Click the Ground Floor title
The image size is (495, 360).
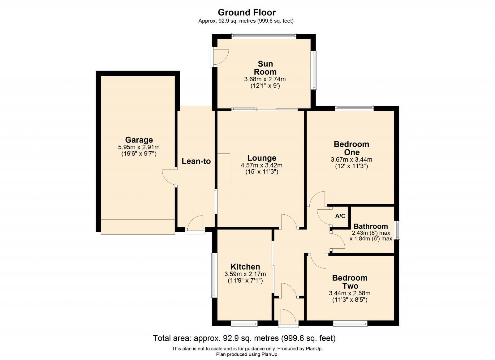click(247, 12)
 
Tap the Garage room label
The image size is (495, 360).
click(139, 140)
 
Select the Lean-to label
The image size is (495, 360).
click(196, 161)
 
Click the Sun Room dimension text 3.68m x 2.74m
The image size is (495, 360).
click(265, 79)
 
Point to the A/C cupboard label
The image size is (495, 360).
click(340, 216)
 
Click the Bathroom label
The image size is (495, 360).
click(371, 226)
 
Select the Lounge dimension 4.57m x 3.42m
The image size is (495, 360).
click(261, 165)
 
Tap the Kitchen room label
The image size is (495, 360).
click(245, 267)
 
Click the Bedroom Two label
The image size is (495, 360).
click(350, 282)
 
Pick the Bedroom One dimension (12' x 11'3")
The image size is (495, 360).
click(351, 166)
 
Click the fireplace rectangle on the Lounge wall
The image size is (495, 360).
click(224, 169)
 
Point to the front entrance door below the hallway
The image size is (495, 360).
click(288, 317)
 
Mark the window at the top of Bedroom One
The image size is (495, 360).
click(354, 108)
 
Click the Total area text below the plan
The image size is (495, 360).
click(244, 338)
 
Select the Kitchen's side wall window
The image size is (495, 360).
click(214, 275)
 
